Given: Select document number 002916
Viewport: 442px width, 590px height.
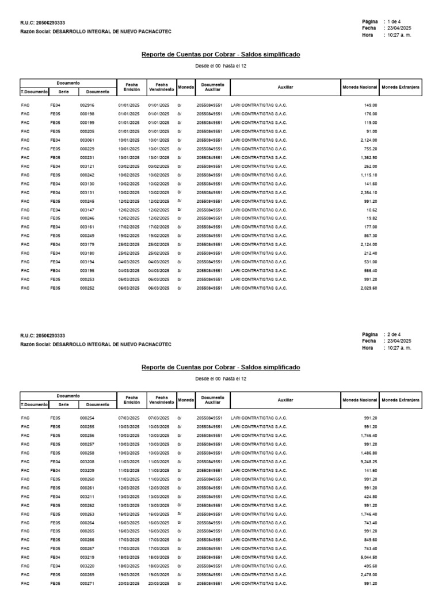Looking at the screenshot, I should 87,105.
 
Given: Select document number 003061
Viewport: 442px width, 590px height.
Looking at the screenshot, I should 87,140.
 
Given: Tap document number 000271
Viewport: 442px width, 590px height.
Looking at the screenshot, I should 87,583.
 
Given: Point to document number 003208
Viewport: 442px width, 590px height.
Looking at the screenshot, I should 87,462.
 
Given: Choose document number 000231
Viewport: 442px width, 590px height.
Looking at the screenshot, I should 87,157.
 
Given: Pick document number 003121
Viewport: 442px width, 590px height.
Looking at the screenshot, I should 87,167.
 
